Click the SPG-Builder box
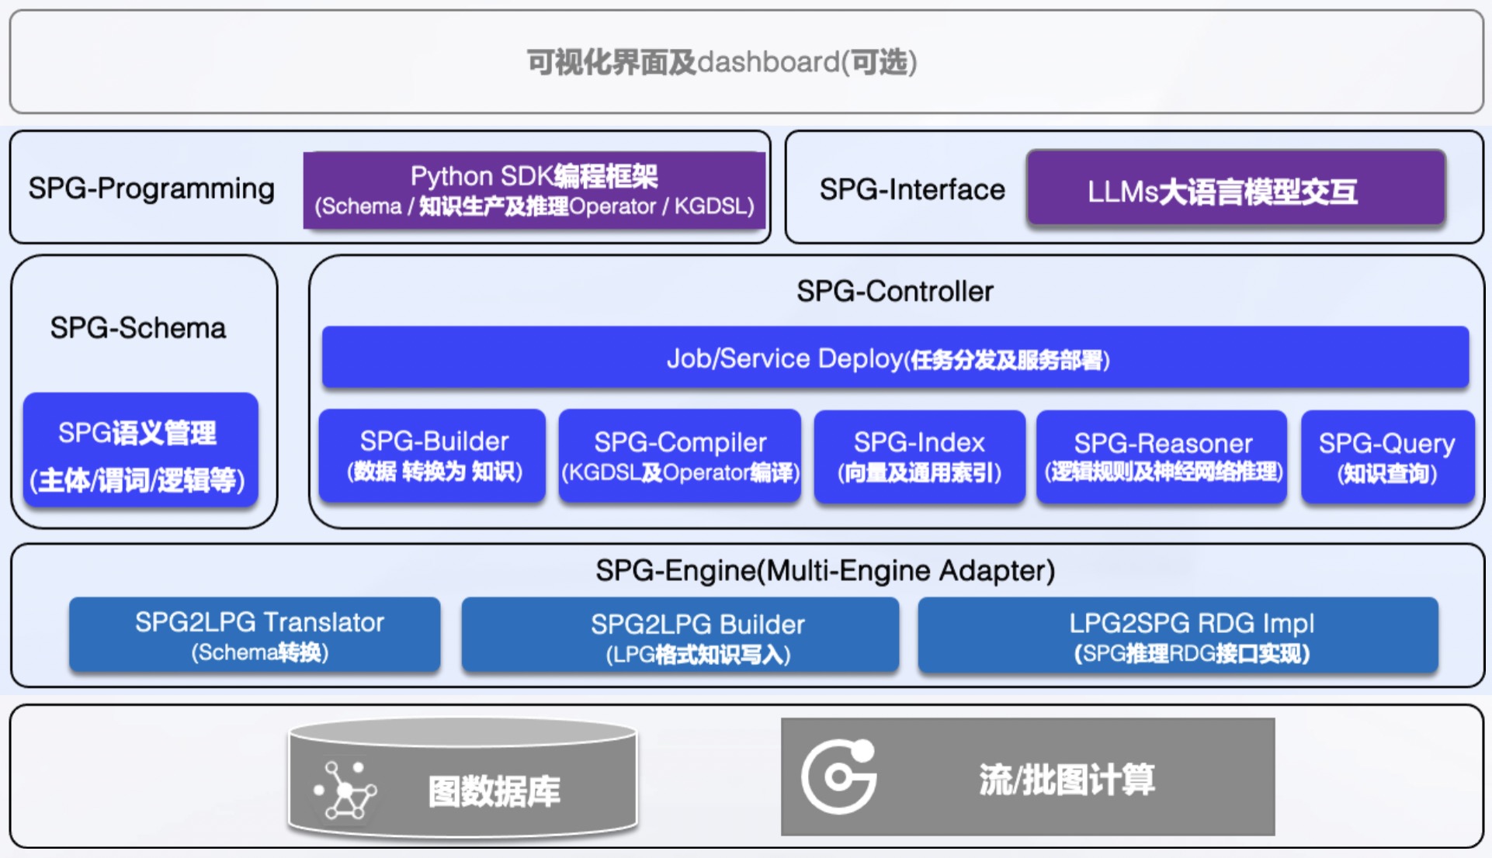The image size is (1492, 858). pyautogui.click(x=432, y=456)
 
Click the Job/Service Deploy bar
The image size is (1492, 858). pyautogui.click(x=895, y=358)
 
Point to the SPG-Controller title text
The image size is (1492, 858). pyautogui.click(x=895, y=292)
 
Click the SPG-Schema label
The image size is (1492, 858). pyautogui.click(x=138, y=328)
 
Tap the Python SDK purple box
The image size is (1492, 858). pyautogui.click(x=534, y=190)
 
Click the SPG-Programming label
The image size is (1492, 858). pyautogui.click(x=151, y=189)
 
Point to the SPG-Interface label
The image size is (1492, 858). pyautogui.click(x=912, y=189)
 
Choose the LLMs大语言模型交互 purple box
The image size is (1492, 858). pyautogui.click(x=1236, y=189)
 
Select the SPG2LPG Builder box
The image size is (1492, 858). pyautogui.click(x=680, y=635)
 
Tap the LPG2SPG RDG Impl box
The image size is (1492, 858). pyautogui.click(x=1178, y=635)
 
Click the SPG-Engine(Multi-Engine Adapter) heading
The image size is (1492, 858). pyautogui.click(x=825, y=571)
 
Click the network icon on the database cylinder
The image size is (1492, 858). pyautogui.click(x=345, y=791)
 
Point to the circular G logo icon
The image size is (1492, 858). pyautogui.click(x=839, y=777)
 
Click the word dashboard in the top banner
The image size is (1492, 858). pyautogui.click(x=769, y=62)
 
